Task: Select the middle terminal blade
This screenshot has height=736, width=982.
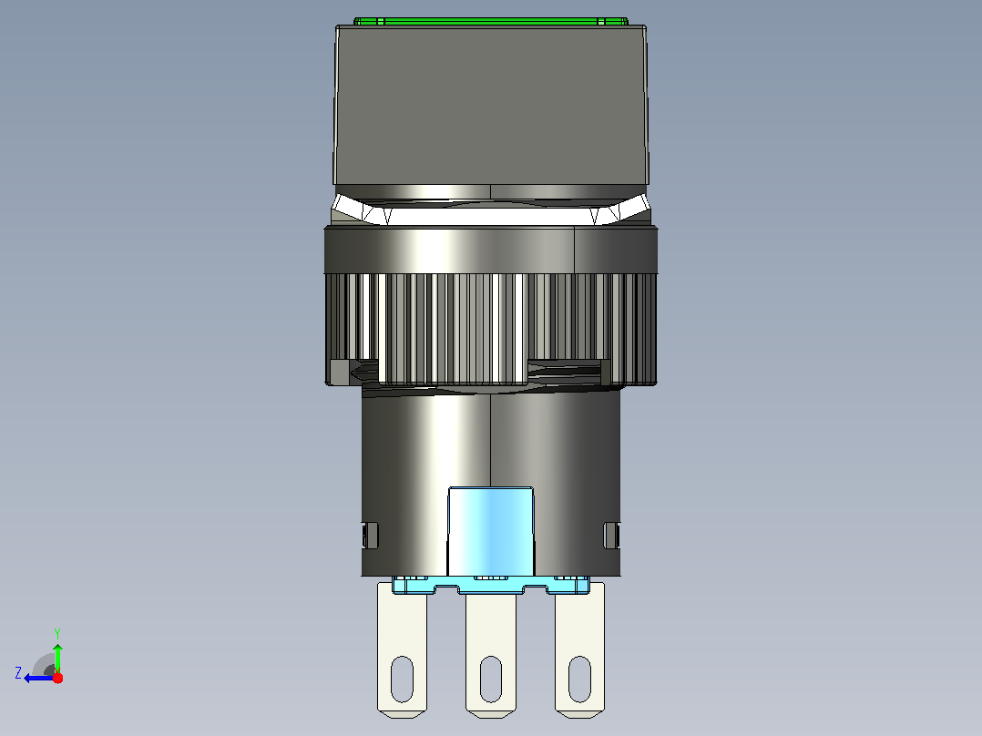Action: [491, 655]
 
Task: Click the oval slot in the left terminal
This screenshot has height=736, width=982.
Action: [402, 679]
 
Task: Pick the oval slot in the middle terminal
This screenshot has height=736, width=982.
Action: [491, 679]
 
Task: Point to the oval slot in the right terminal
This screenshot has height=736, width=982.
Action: [580, 679]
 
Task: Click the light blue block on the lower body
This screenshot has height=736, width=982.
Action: [491, 531]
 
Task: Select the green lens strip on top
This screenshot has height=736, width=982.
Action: [491, 21]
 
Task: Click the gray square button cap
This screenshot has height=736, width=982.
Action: [491, 106]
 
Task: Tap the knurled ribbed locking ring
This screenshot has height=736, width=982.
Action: [491, 329]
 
